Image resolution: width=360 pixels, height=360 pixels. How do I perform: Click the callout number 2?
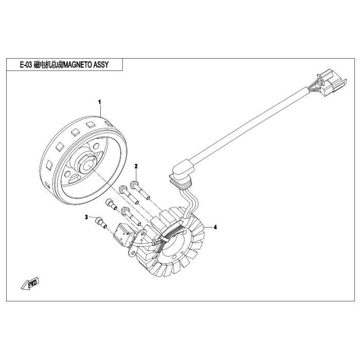(136, 166)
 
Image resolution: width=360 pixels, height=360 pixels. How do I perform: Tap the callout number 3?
(87, 218)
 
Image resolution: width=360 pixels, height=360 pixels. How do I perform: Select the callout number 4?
(215, 227)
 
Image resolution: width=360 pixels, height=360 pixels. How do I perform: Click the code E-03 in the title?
(24, 65)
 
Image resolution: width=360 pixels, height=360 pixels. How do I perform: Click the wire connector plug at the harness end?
(328, 86)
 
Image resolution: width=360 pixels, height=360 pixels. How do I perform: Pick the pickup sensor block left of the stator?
(125, 233)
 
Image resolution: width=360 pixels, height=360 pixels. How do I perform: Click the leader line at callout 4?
(209, 227)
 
